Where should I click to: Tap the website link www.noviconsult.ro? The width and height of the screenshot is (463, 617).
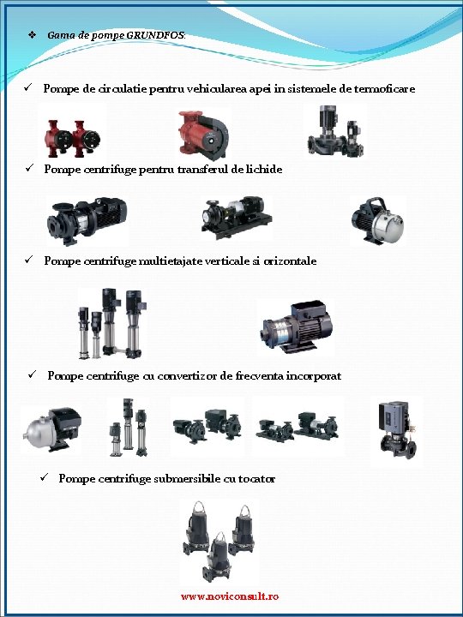click(x=230, y=596)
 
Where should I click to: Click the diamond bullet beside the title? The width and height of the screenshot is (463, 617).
click(x=32, y=35)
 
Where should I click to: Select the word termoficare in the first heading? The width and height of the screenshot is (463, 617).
click(x=384, y=88)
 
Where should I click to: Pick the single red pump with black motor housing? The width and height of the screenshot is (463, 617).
click(x=203, y=135)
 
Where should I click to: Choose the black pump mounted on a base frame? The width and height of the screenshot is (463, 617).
click(x=237, y=217)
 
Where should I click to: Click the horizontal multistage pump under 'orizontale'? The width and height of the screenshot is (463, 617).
click(x=297, y=326)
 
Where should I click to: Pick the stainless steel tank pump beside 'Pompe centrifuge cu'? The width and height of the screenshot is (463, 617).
click(x=52, y=429)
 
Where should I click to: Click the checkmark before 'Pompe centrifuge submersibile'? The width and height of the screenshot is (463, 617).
click(x=44, y=477)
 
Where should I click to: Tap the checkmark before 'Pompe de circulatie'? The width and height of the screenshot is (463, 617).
click(x=27, y=87)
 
